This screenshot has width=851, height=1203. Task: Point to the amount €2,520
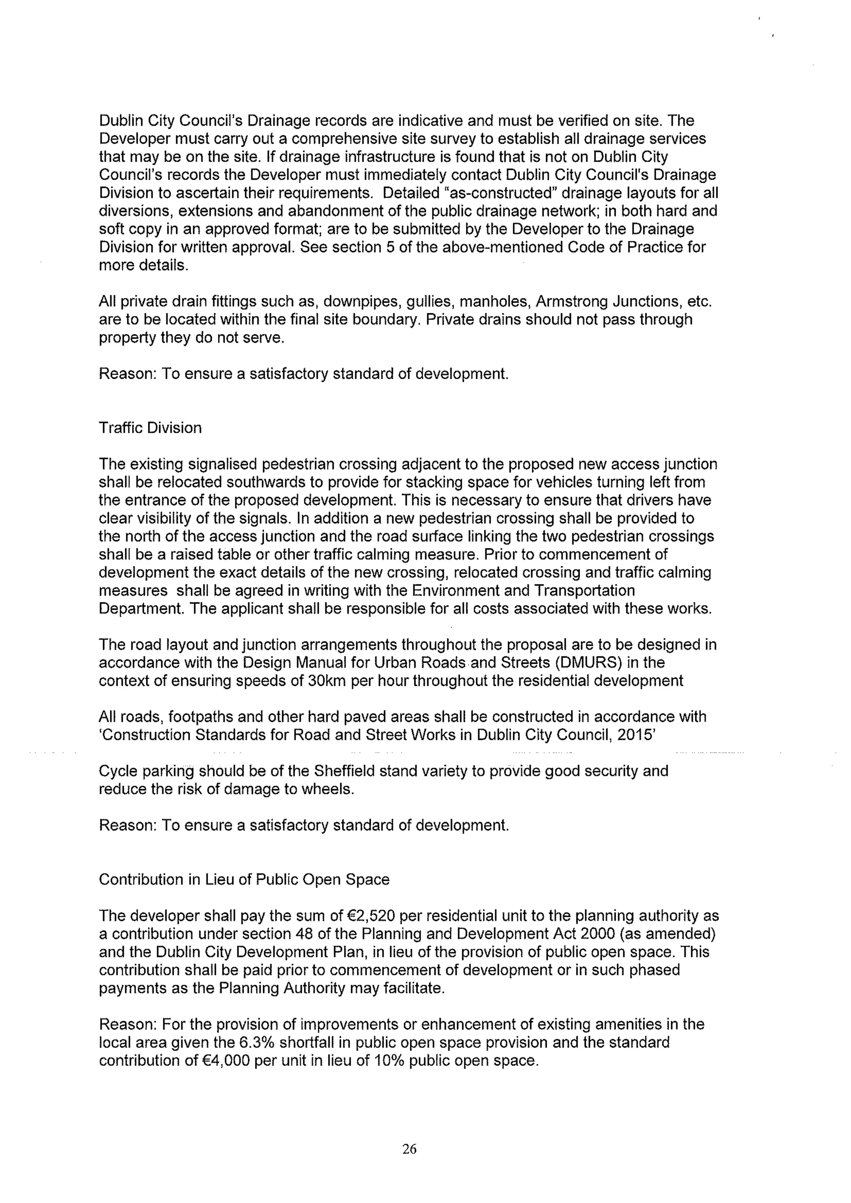[x=371, y=916]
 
